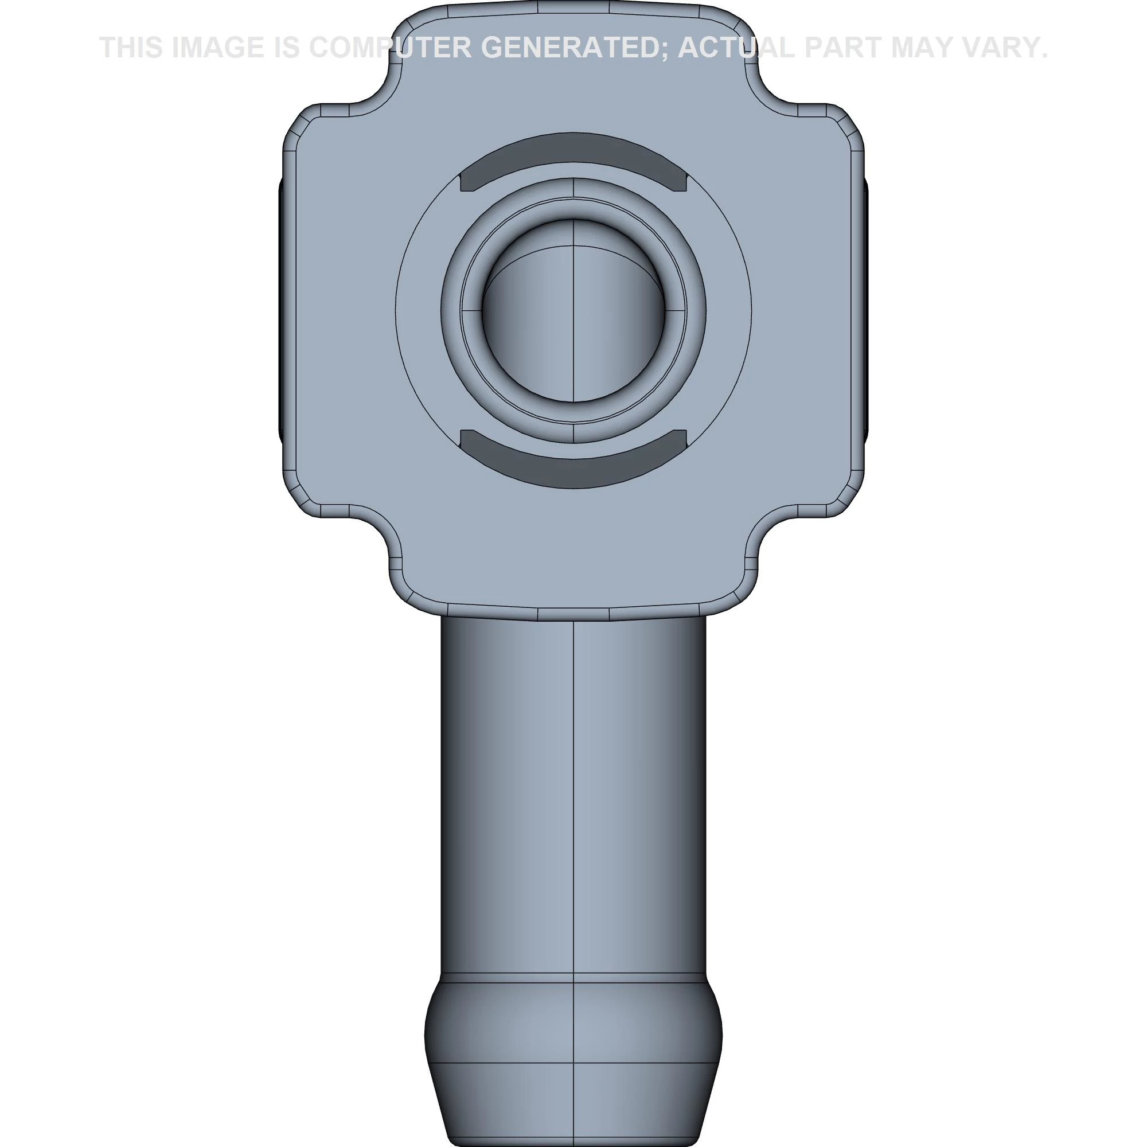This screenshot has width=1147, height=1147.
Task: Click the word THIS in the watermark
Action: point(131,48)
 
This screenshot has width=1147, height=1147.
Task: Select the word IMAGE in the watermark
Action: point(218,48)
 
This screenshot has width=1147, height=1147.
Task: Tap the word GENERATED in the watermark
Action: point(575,48)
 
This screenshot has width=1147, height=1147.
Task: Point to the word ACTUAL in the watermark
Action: point(736,48)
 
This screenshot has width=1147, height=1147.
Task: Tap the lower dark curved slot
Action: point(573,466)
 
